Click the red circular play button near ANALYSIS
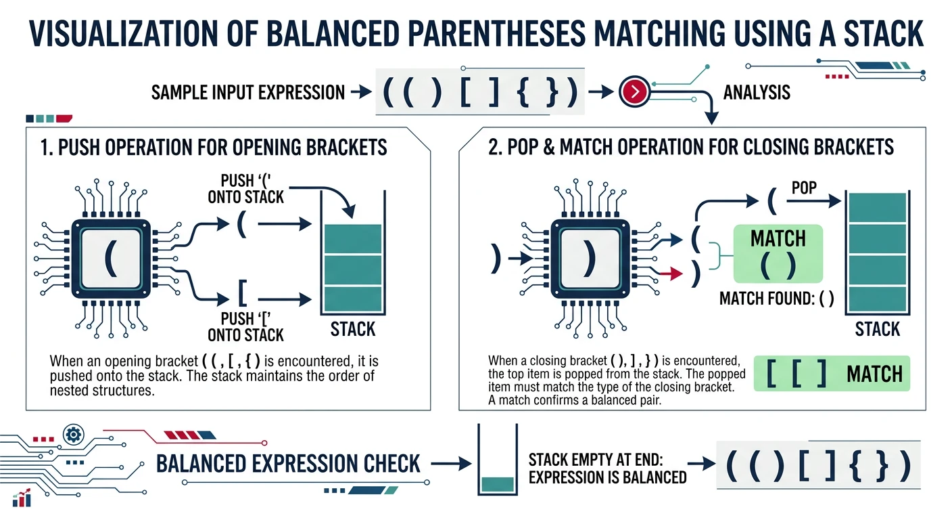tap(634, 92)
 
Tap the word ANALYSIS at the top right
tap(757, 92)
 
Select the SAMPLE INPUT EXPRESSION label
tap(247, 92)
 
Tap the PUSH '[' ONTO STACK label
tap(245, 326)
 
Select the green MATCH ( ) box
tap(778, 253)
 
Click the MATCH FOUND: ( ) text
tap(776, 299)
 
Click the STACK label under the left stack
tap(352, 330)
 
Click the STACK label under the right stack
tap(877, 330)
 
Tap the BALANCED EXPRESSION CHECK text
tap(289, 464)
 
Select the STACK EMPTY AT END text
tap(606, 468)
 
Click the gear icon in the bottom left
tap(72, 434)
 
